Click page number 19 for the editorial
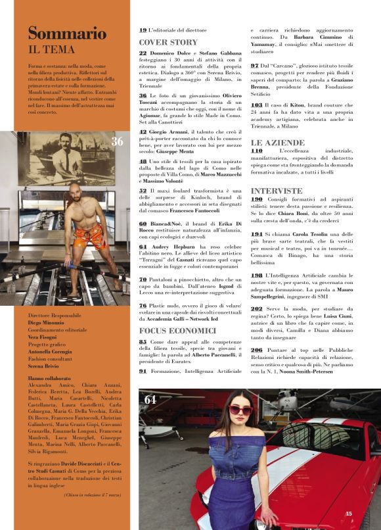point(143,30)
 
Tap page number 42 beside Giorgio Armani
point(143,130)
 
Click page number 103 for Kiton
point(257,105)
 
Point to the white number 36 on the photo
point(117,141)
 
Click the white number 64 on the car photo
point(150,399)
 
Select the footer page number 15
point(349,514)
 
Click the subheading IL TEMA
point(51,49)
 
